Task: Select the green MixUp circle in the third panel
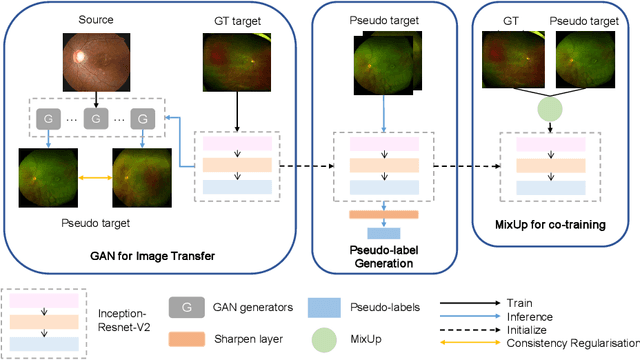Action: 548,108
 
